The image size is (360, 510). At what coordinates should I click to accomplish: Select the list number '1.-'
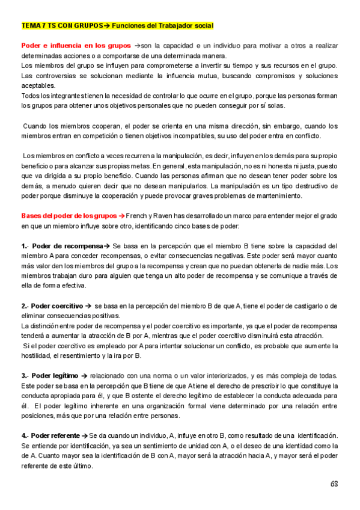coord(25,246)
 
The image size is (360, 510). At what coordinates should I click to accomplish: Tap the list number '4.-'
coord(25,434)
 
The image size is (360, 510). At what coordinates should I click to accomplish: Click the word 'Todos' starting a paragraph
coord(31,96)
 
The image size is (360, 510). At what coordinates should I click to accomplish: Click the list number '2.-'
coord(25,306)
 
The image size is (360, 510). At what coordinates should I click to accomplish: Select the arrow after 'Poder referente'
coord(85,434)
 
